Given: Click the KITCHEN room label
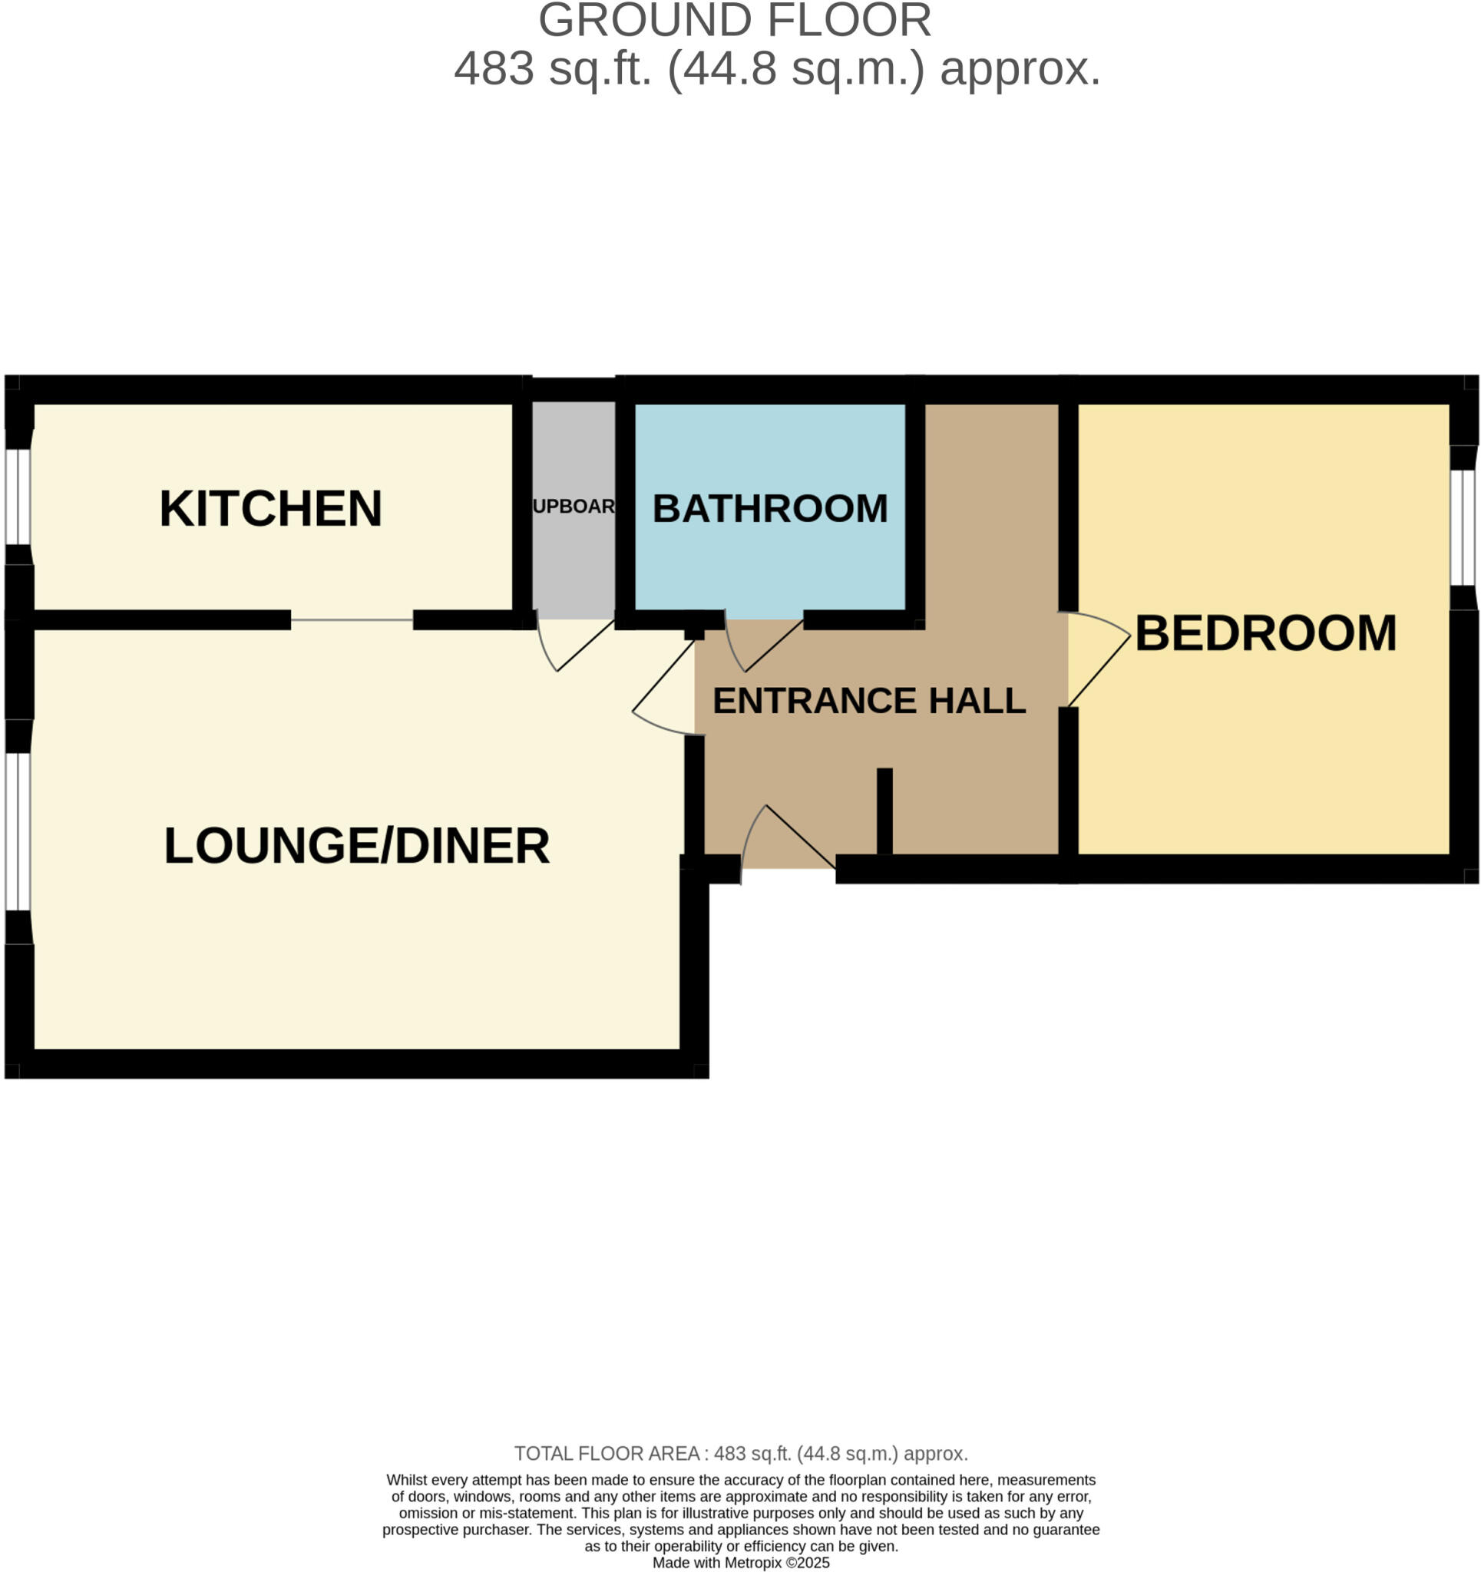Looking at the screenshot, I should click(270, 508).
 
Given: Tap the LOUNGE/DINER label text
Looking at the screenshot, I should click(356, 846).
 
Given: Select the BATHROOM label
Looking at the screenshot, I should click(769, 508).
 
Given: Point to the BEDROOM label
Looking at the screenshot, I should click(1265, 633).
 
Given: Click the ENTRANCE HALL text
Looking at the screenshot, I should click(868, 701).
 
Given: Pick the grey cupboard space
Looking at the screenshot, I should click(573, 553).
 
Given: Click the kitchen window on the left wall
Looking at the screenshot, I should click(18, 497).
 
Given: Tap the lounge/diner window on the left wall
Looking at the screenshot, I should click(18, 831).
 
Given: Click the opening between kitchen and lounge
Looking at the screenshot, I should click(352, 620).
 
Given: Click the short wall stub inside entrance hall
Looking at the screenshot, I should click(884, 811).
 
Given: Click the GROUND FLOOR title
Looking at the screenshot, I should click(734, 21).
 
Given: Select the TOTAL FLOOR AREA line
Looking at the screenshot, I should click(740, 1453).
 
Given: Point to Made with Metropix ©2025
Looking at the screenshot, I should click(740, 1563).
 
